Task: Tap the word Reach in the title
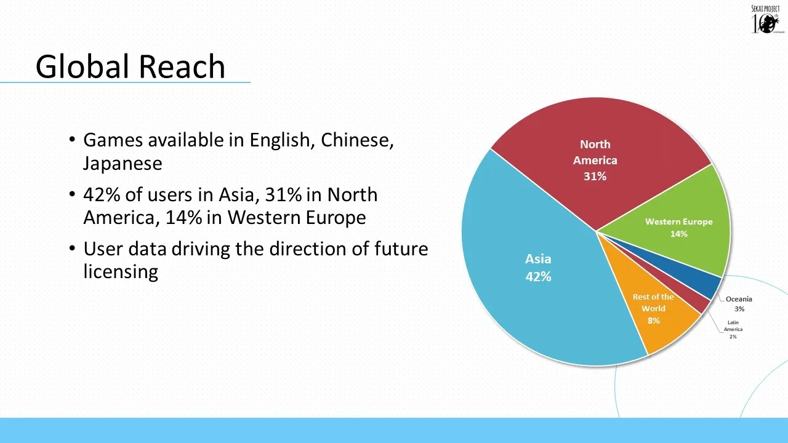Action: pyautogui.click(x=182, y=66)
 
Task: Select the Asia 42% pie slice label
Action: pyautogui.click(x=538, y=268)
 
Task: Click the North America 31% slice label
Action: pyautogui.click(x=595, y=161)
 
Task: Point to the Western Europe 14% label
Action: pyautogui.click(x=679, y=228)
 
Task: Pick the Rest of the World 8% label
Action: pyautogui.click(x=653, y=309)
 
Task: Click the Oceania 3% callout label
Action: pyautogui.click(x=739, y=304)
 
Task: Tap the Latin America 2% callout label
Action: pyautogui.click(x=733, y=329)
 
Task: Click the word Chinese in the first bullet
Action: pyautogui.click(x=357, y=140)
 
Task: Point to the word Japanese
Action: pyautogui.click(x=123, y=164)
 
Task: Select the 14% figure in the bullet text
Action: pyautogui.click(x=183, y=217)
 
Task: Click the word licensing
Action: pyautogui.click(x=121, y=272)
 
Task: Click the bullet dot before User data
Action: pyautogui.click(x=73, y=249)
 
